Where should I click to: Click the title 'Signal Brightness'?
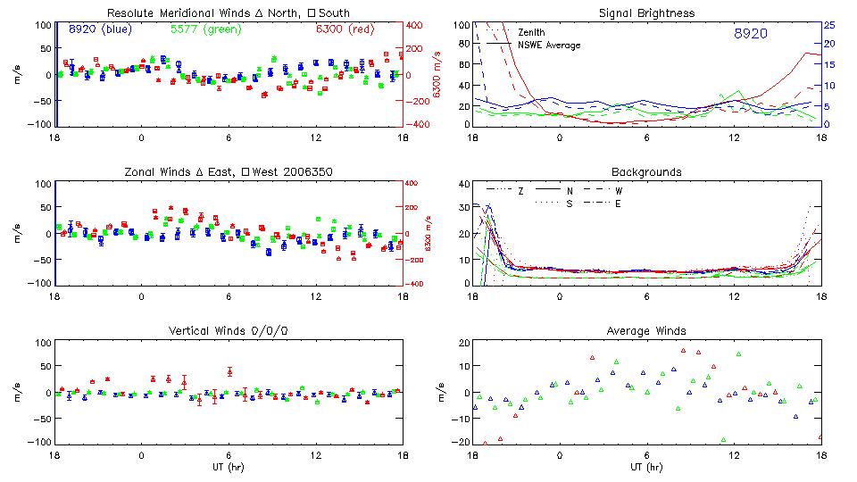click(645, 13)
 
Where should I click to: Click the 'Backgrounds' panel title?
click(646, 171)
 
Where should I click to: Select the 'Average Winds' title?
click(646, 330)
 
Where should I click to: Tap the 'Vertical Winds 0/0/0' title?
click(228, 330)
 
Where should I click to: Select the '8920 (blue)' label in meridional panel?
click(100, 29)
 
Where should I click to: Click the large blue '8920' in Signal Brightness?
click(750, 33)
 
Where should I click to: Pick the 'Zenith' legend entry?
click(532, 33)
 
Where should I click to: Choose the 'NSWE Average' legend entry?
click(549, 45)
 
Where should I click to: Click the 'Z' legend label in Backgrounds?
click(520, 191)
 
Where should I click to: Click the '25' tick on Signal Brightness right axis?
click(828, 25)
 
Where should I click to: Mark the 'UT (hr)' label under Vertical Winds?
click(228, 467)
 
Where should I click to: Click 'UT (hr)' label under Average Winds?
click(646, 467)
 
